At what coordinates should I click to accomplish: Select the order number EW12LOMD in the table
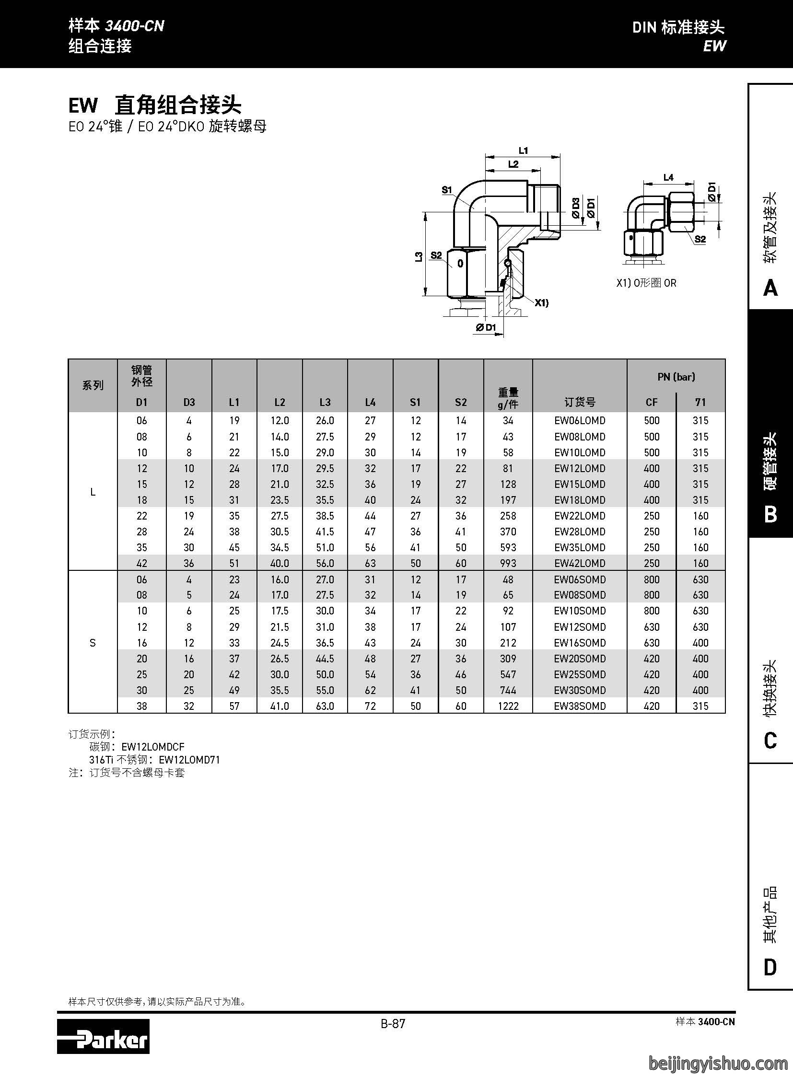[x=579, y=468]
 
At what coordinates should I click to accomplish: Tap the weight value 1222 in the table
[x=508, y=706]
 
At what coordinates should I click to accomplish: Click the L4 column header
[x=370, y=402]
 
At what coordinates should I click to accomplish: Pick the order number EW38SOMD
[x=579, y=706]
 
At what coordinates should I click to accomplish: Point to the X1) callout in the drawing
[x=541, y=303]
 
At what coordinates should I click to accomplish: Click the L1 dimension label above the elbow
[x=523, y=150]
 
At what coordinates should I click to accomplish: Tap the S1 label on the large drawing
[x=447, y=190]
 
